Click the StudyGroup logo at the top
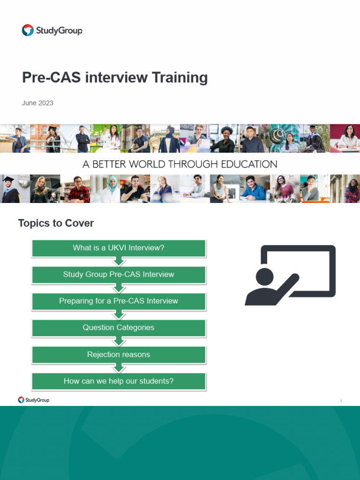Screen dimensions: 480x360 point(52,31)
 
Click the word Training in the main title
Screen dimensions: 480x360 point(180,77)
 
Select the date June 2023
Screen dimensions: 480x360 point(37,103)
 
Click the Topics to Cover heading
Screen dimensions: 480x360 point(56,223)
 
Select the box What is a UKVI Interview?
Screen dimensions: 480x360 point(119,248)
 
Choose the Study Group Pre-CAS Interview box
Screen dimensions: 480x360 point(119,275)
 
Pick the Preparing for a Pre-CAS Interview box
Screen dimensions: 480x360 point(119,301)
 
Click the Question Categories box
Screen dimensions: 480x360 point(119,328)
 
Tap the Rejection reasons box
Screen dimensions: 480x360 point(119,354)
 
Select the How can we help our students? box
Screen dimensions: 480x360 point(119,381)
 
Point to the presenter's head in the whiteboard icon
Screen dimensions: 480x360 point(265,277)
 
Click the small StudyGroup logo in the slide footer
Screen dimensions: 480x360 point(34,400)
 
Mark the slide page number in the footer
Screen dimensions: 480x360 point(341,401)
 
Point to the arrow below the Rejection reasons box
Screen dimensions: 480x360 point(119,368)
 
